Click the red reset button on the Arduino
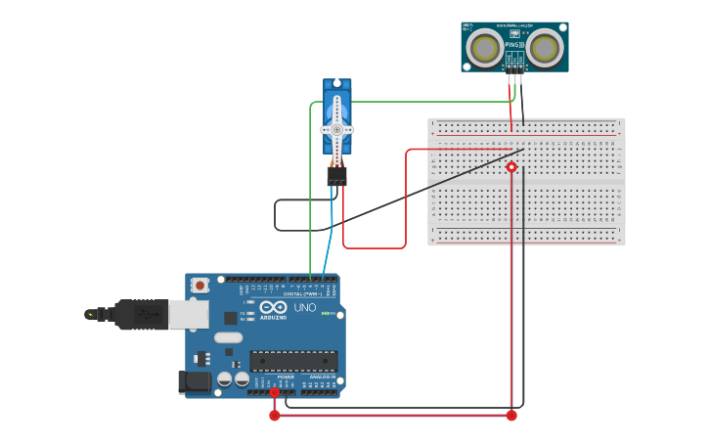(199, 286)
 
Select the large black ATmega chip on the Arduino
(293, 361)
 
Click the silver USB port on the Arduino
(189, 314)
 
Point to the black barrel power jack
(195, 381)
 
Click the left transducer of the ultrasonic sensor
(483, 47)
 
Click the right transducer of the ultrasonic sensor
(545, 47)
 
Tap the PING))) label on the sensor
(514, 45)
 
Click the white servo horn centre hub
(336, 129)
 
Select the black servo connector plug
(336, 176)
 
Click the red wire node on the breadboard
(511, 167)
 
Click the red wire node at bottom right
(511, 416)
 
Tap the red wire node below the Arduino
(275, 416)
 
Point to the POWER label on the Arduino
(286, 377)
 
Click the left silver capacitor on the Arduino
(224, 378)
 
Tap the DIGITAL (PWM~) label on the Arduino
(294, 293)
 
